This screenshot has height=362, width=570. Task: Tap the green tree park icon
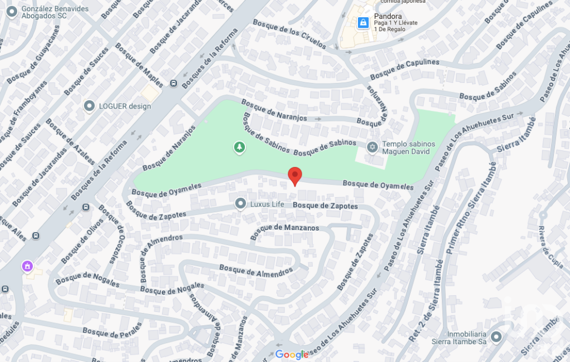pos(239,147)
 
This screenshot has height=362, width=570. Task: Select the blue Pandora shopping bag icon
pos(363,22)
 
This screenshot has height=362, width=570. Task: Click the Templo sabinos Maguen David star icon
pos(372,147)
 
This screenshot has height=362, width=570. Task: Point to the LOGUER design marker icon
pos(89,106)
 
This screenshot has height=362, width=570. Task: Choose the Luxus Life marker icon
pos(240,204)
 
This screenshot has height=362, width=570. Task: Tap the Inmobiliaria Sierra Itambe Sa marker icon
pos(497,336)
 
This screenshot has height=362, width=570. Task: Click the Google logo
pos(292,355)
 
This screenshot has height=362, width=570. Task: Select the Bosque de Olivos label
pos(82,240)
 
